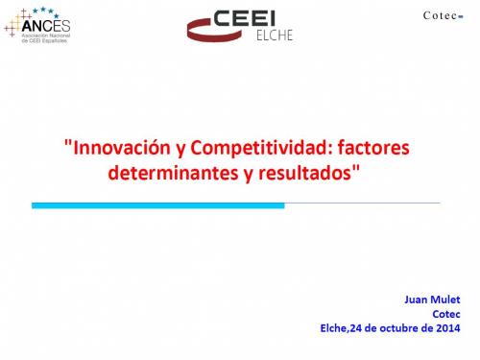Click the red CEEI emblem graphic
(204, 28)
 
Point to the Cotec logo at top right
(443, 15)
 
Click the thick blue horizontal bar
(158, 204)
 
